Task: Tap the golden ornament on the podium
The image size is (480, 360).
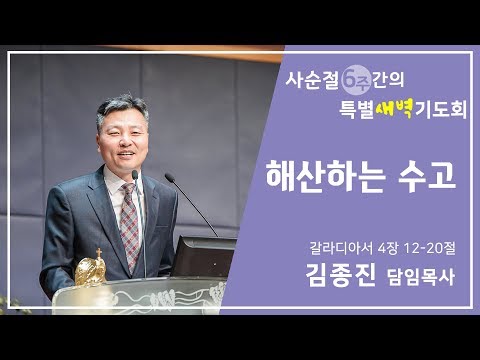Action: pyautogui.click(x=91, y=269)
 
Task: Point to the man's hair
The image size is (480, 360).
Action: pyautogui.click(x=118, y=107)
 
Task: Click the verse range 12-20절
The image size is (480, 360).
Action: pyautogui.click(x=421, y=242)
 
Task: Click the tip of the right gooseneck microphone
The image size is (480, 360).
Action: pyautogui.click(x=167, y=177)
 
